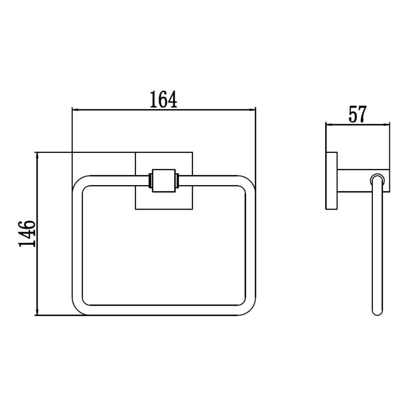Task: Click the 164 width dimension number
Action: click(x=163, y=100)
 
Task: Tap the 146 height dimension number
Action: click(x=27, y=234)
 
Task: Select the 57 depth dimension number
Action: click(x=357, y=114)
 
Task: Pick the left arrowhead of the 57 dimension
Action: click(x=329, y=124)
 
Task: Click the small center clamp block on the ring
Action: click(x=164, y=181)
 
